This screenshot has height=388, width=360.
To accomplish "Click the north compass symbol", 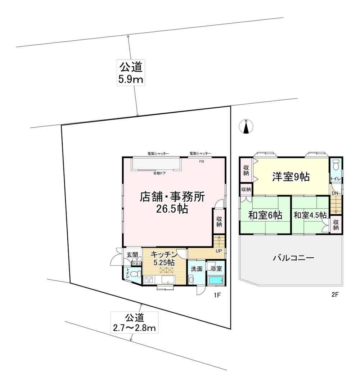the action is (x=246, y=126).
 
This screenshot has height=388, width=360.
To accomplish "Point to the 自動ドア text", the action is (x=159, y=173).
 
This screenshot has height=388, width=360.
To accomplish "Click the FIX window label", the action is (x=202, y=162).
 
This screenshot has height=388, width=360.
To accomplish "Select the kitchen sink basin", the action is (x=168, y=280).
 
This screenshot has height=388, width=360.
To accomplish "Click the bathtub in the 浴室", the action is (x=216, y=281).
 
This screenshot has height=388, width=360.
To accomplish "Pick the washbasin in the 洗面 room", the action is (x=191, y=280).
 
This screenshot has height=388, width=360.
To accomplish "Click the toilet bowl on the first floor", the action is (x=135, y=274).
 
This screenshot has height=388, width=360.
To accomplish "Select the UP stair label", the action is (x=219, y=251).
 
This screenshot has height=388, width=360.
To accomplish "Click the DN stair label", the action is (x=335, y=193).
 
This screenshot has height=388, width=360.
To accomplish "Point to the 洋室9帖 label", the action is (x=291, y=177).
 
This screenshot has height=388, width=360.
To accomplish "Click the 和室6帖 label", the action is (x=265, y=215).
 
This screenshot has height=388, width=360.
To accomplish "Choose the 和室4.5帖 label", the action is (x=310, y=215).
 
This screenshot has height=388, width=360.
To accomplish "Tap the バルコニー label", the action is (x=294, y=258).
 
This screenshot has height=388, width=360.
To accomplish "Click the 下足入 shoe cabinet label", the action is (x=136, y=264).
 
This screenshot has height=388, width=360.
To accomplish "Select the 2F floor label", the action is (x=334, y=295).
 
